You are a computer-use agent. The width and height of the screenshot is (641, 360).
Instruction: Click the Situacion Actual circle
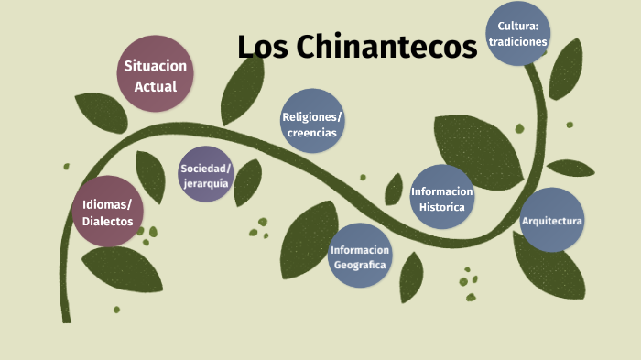[x=156, y=72]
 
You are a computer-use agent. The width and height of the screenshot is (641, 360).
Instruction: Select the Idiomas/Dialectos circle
[x=108, y=212]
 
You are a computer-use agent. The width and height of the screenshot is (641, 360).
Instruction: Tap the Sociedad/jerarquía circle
[x=206, y=173]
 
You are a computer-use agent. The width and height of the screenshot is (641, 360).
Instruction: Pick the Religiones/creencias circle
[x=312, y=121]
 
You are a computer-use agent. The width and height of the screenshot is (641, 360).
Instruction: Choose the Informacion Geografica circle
[x=360, y=256]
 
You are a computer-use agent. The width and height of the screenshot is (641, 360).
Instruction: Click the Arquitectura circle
[x=551, y=221]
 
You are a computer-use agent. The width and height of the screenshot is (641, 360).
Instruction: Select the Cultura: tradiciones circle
[x=518, y=33]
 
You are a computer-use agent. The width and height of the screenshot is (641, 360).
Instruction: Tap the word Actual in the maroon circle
[x=156, y=87]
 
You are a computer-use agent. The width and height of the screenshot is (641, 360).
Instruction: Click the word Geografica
[x=360, y=265]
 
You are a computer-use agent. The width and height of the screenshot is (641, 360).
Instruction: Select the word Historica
[x=442, y=206]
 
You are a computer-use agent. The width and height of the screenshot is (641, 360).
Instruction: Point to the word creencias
[x=312, y=133]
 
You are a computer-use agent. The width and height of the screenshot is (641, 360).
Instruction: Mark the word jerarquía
[x=206, y=183]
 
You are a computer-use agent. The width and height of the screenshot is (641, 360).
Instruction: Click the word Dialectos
[x=108, y=222]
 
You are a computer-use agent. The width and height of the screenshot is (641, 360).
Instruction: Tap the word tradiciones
[x=518, y=41]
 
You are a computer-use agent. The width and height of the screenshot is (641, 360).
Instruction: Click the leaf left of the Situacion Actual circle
[x=100, y=113]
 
